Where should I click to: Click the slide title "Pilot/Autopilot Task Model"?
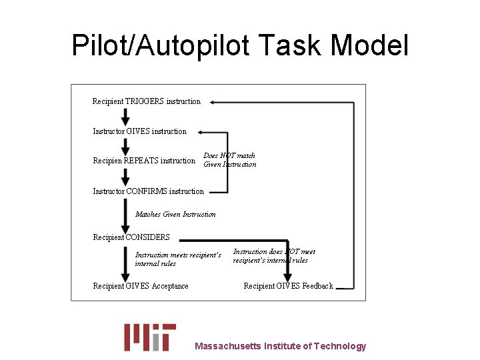240,45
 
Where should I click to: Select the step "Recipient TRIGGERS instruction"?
146,101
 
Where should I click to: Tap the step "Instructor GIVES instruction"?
139,131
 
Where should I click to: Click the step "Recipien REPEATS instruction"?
143,161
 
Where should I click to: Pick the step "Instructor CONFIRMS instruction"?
148,191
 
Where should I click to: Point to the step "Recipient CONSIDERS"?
131,237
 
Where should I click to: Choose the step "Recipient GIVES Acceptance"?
141,286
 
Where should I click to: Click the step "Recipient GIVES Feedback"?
288,286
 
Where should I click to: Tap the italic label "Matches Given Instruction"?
175,214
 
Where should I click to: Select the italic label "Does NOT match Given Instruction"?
229,160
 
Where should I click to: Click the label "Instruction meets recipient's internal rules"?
177,259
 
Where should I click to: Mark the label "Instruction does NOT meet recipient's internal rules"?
273,256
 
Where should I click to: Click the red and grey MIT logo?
150,337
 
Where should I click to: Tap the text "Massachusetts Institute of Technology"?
280,346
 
